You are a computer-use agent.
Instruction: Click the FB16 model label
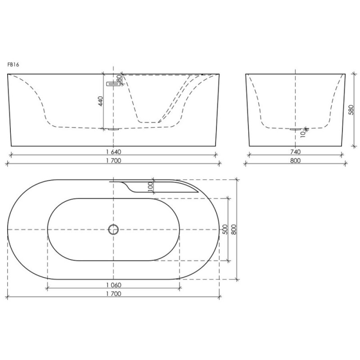tap(13, 64)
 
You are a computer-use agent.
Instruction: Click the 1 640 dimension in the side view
tap(113, 152)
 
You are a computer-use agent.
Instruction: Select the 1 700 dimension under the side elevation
tap(113, 161)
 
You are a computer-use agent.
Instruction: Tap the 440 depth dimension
tap(100, 101)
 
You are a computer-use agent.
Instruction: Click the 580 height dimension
tap(351, 110)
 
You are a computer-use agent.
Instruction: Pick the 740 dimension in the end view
tap(295, 152)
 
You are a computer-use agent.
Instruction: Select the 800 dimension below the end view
tap(295, 161)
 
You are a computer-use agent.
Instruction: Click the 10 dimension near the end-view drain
tap(303, 134)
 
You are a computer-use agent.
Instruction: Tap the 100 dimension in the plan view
tap(150, 186)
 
